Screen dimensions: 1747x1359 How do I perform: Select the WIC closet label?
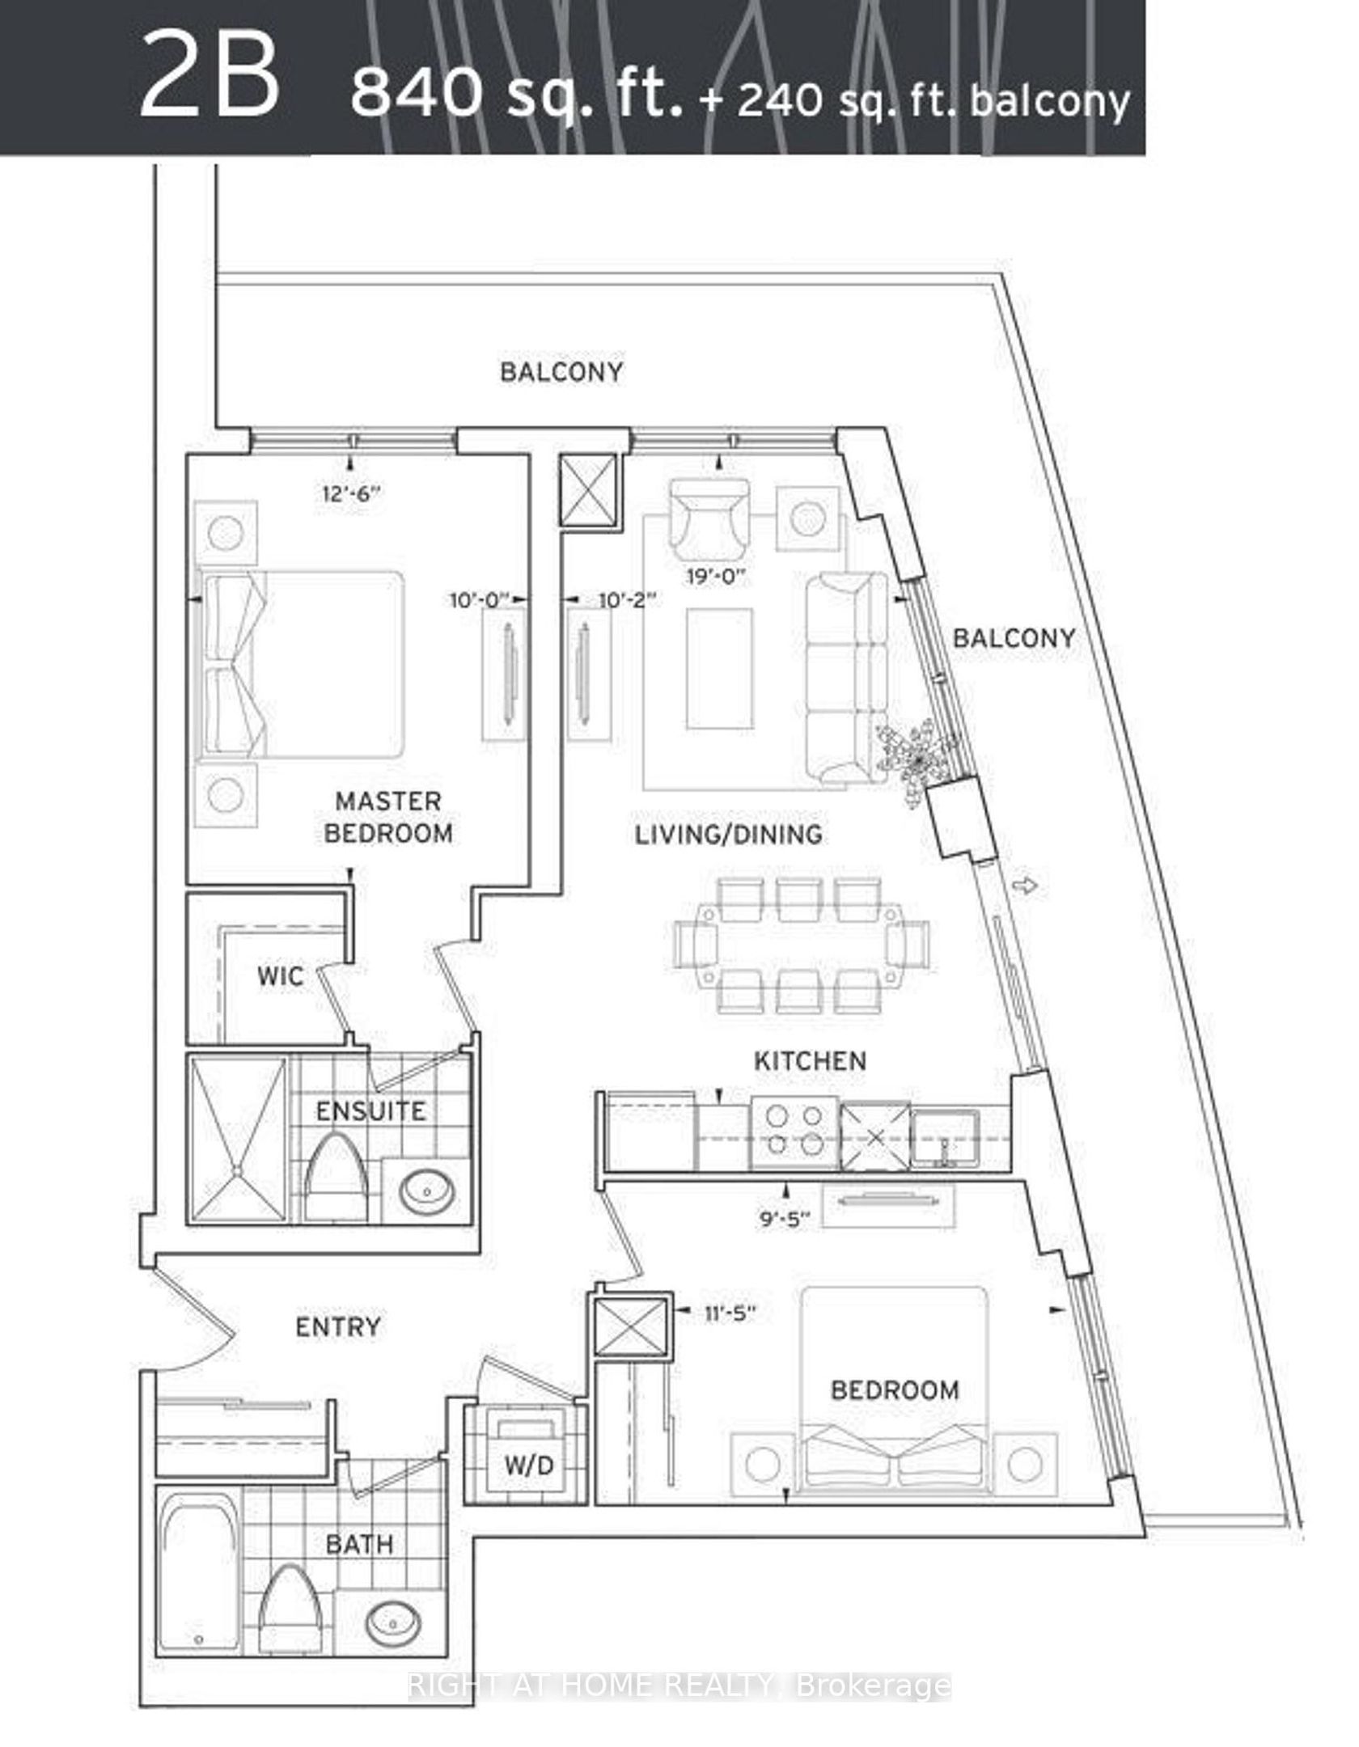point(281,976)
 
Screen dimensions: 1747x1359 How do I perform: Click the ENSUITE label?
point(370,1110)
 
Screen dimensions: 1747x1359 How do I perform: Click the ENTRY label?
point(338,1327)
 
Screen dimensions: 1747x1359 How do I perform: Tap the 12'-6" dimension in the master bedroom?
point(349,493)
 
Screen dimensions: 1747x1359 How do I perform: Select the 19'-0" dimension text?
point(713,577)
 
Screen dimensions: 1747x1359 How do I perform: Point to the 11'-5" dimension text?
point(728,1313)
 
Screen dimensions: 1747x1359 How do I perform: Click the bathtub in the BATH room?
point(200,1567)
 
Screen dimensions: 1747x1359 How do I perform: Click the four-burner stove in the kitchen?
point(794,1132)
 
